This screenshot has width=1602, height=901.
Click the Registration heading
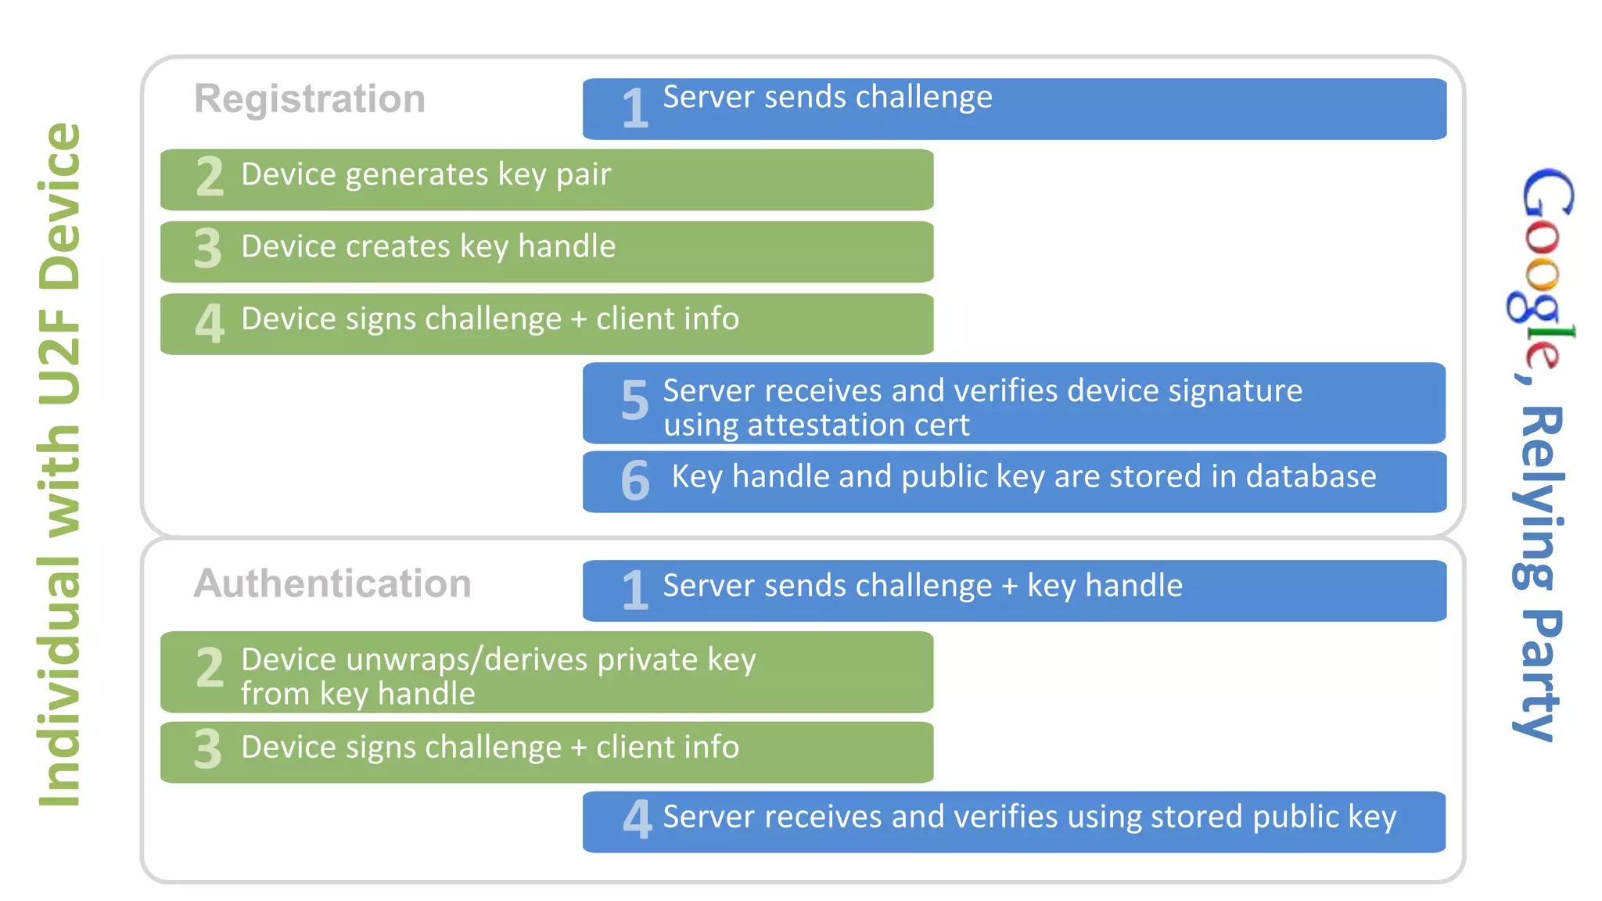[310, 99]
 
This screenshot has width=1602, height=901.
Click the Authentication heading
[332, 583]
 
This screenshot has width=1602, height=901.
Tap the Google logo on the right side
[1541, 270]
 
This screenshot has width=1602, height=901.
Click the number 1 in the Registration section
[634, 109]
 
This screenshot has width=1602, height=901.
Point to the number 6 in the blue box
[634, 480]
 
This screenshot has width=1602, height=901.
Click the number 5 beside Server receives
[634, 400]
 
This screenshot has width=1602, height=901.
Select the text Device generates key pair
[426, 174]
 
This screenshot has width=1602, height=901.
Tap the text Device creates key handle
[428, 246]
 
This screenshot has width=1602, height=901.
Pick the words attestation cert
[858, 425]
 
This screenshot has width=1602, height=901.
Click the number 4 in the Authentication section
[637, 819]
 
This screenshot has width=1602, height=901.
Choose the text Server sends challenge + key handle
[922, 586]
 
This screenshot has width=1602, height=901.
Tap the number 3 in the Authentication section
[208, 749]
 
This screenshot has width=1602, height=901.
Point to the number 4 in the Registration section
[210, 323]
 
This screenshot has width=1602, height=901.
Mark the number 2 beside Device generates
[210, 177]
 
